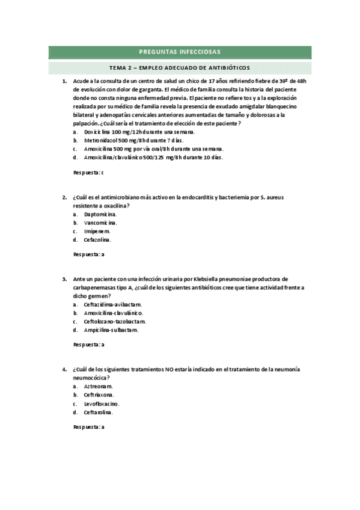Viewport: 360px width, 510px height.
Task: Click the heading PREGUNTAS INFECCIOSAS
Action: click(x=179, y=52)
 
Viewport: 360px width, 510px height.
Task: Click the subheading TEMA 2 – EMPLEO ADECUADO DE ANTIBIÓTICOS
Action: click(x=179, y=68)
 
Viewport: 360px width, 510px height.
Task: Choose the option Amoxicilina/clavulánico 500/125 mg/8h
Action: click(x=153, y=158)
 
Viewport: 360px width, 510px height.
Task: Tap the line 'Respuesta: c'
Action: click(x=88, y=173)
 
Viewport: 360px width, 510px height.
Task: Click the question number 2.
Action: click(x=64, y=197)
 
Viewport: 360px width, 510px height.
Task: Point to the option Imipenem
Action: click(x=97, y=231)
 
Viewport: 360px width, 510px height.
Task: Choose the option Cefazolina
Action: click(x=97, y=239)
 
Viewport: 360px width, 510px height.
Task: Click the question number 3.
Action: click(x=64, y=279)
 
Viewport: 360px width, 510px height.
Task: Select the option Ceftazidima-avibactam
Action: click(x=112, y=304)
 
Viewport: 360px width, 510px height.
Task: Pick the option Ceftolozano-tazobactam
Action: click(x=115, y=321)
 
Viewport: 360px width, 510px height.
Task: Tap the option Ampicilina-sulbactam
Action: click(x=111, y=330)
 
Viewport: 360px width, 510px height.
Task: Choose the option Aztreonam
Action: click(x=98, y=386)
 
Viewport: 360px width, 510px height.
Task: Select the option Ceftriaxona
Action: click(x=99, y=395)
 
